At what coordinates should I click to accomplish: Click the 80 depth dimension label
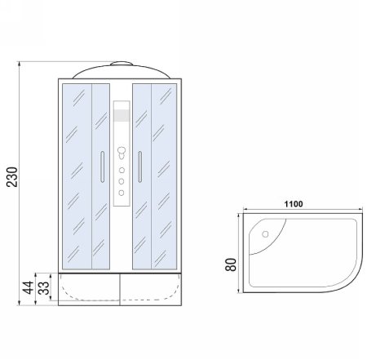(x=229, y=265)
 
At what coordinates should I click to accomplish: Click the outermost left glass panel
(x=75, y=176)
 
